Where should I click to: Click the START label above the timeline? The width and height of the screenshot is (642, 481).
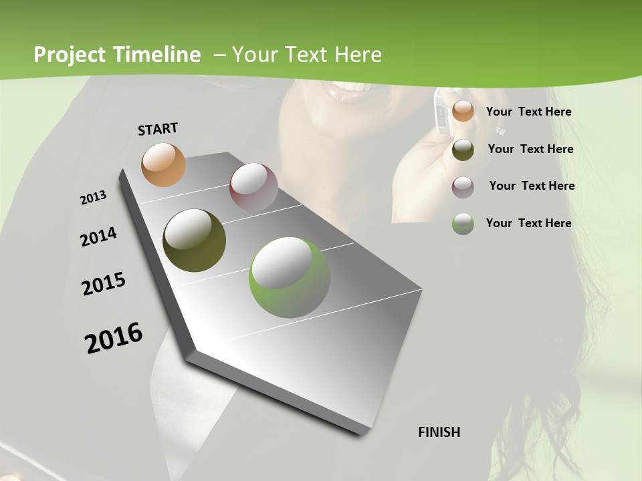click(158, 129)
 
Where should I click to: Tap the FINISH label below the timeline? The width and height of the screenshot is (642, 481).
click(439, 432)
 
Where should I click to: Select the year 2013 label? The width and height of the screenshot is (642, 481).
click(94, 197)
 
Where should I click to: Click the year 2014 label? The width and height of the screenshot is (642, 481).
click(98, 236)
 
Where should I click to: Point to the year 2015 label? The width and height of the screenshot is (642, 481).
click(104, 284)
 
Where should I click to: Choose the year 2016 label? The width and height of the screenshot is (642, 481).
click(114, 337)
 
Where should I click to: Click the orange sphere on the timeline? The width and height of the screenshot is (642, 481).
click(163, 164)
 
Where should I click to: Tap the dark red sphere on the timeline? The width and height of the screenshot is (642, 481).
click(253, 187)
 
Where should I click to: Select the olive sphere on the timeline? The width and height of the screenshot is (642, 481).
click(194, 240)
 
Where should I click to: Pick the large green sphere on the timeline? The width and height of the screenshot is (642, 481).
click(289, 277)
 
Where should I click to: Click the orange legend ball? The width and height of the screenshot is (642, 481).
click(463, 111)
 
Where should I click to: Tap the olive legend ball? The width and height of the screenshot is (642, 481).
click(463, 149)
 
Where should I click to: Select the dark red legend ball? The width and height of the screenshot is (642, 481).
click(463, 186)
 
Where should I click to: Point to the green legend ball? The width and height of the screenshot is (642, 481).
click(463, 223)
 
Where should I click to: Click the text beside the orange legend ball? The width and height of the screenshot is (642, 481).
click(528, 112)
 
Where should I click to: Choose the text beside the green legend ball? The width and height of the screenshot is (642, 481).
click(528, 223)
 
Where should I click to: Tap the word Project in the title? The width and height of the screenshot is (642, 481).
click(69, 55)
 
